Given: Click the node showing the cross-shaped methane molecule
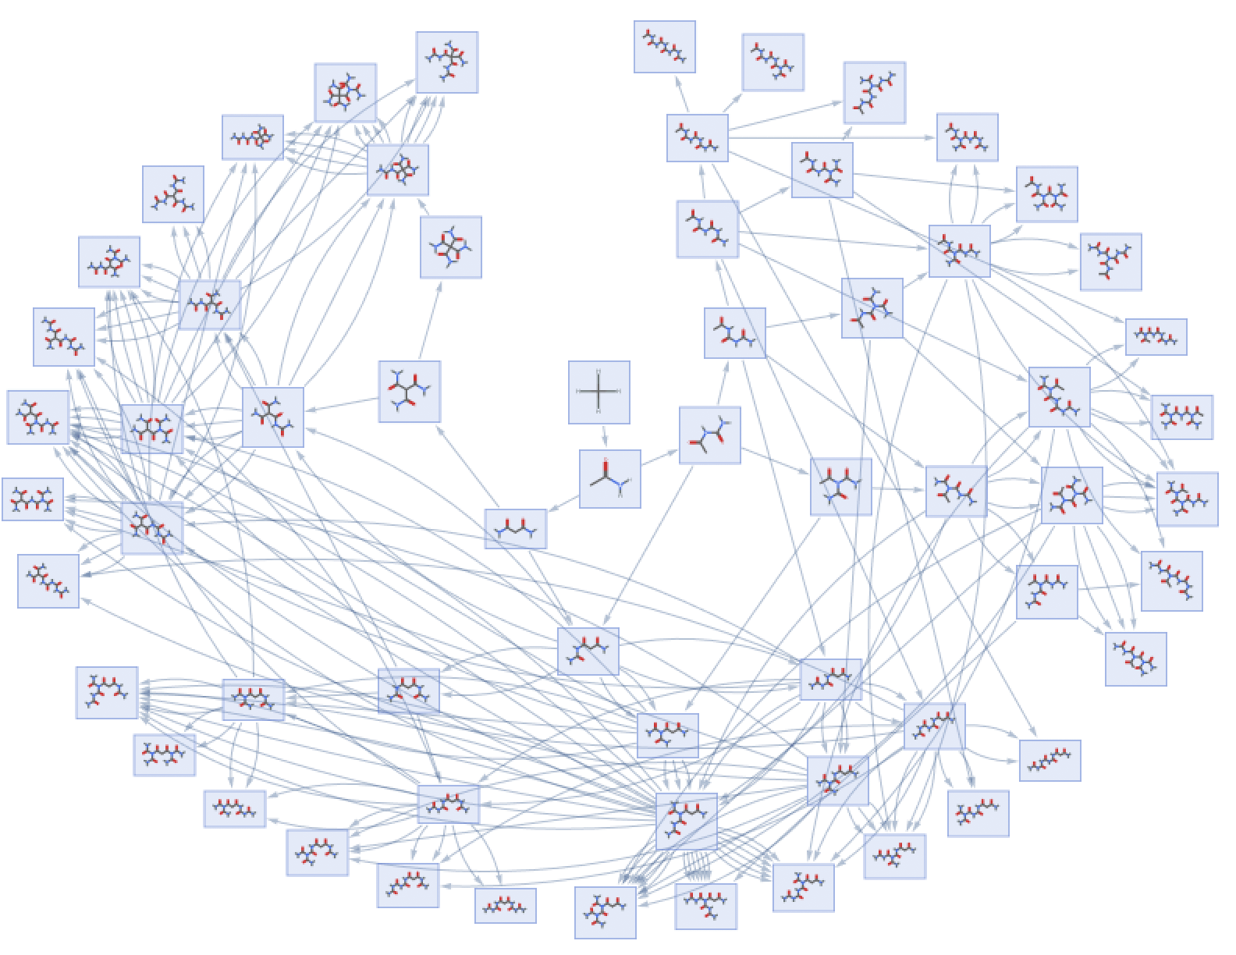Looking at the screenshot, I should click(598, 392).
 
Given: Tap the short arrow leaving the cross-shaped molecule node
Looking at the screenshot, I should click(604, 437).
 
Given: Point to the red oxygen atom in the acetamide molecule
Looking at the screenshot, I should click(605, 463).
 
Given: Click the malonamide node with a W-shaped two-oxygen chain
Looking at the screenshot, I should click(515, 528).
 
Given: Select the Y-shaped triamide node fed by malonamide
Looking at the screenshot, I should click(409, 392).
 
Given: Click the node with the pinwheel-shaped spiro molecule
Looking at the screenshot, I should click(450, 247).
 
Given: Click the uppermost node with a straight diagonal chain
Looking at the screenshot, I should click(664, 47).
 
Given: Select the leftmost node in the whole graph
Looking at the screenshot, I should click(32, 499).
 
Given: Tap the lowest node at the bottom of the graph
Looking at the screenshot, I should click(605, 912).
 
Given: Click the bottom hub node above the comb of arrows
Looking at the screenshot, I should click(686, 822).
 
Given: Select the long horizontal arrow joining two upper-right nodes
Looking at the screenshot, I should click(831, 138).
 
